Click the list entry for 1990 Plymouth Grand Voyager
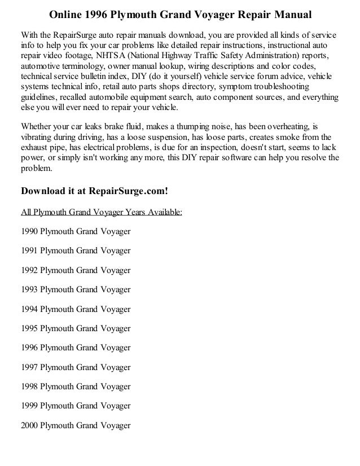[75, 232]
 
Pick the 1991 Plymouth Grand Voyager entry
[75, 251]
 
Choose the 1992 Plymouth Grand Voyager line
[75, 271]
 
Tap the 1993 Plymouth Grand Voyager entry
[75, 290]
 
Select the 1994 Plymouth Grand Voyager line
[75, 309]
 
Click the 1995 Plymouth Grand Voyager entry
[75, 328]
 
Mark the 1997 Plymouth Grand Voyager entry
[75, 367]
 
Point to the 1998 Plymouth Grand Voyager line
[75, 386]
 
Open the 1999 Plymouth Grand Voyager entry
[75, 406]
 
